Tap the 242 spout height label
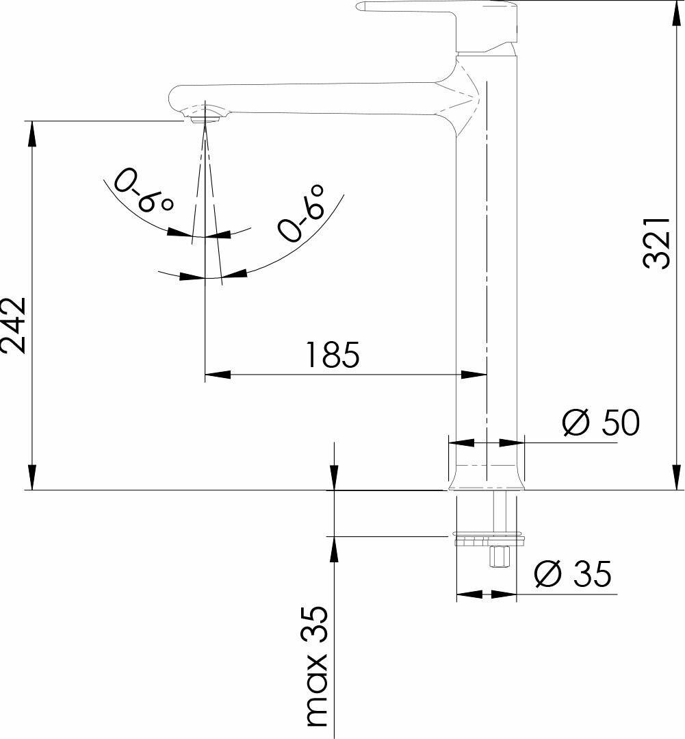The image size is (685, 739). (x=14, y=325)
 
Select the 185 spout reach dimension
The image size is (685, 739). (x=332, y=355)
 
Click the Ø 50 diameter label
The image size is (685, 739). (x=601, y=423)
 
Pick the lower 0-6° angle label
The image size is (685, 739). (x=301, y=212)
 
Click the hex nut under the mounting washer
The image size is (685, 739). (x=500, y=555)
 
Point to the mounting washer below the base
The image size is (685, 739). (x=489, y=540)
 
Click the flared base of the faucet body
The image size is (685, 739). (x=486, y=477)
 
